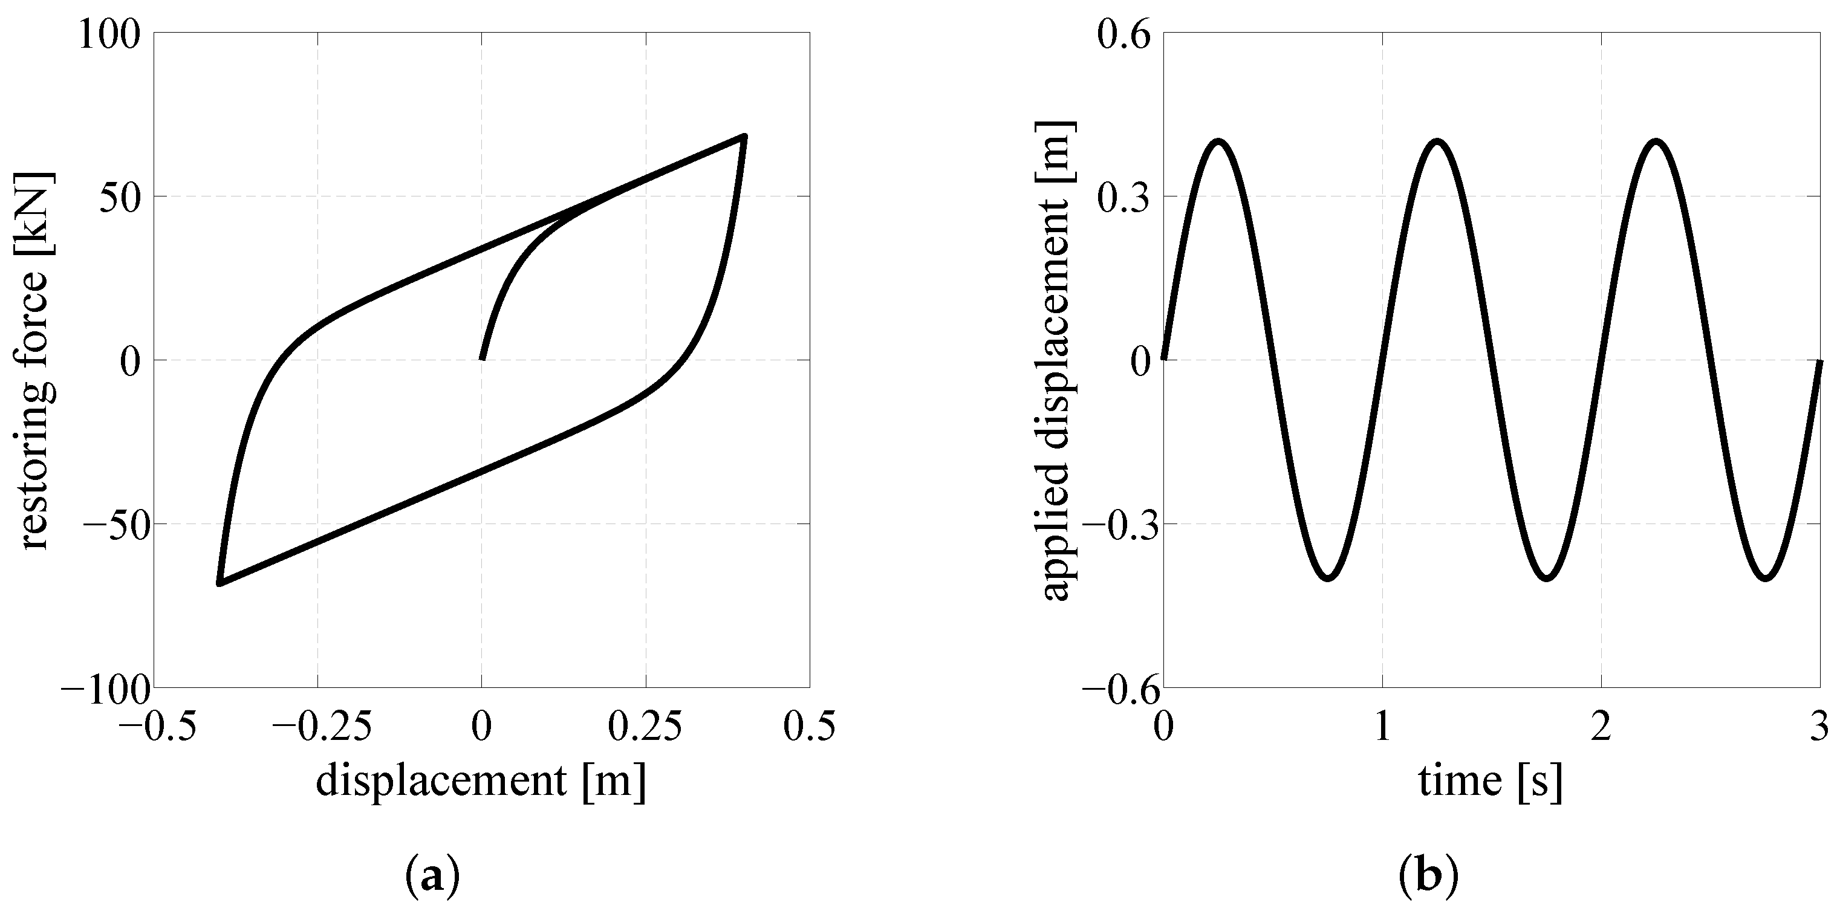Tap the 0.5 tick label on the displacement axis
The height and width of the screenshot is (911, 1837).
coord(810,727)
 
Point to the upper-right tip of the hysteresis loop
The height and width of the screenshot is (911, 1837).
coord(744,135)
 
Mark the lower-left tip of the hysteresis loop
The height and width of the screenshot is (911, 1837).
coord(219,584)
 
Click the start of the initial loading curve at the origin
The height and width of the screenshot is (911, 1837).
coord(482,358)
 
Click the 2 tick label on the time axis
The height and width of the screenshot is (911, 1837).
coord(1602,727)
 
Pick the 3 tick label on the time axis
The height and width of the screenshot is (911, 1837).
coord(1820,727)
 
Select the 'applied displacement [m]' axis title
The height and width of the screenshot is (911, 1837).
coord(1058,360)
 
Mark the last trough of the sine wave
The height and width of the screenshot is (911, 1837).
coord(1766,577)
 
